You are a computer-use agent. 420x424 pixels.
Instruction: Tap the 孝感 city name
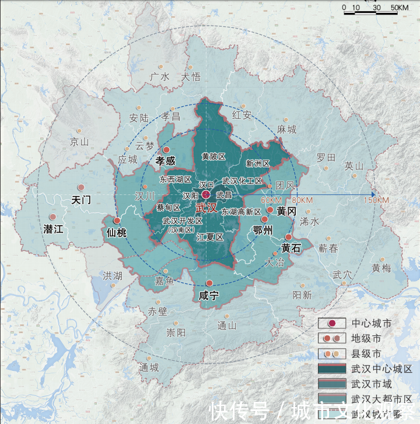(x=166, y=160)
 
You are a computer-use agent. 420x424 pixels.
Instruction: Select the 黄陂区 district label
(x=213, y=156)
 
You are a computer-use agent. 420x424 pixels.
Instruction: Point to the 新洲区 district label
(x=257, y=163)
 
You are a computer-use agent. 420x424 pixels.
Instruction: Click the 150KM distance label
(x=376, y=201)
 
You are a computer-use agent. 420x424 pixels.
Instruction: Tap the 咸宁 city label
(x=208, y=296)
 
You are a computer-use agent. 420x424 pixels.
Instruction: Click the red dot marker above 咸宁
(x=209, y=283)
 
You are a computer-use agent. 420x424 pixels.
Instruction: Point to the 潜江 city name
(x=53, y=229)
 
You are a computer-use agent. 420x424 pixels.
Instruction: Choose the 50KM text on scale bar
(x=399, y=8)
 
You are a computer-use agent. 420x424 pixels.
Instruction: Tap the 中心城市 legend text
(x=371, y=323)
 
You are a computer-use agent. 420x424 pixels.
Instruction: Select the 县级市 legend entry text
(x=366, y=353)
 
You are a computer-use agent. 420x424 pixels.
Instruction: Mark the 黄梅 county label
(x=381, y=268)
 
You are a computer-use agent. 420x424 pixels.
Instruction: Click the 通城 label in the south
(x=149, y=367)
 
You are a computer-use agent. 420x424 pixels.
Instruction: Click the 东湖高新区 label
(x=241, y=212)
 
